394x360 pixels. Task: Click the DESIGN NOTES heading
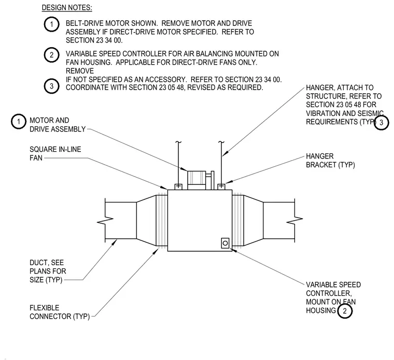click(x=67, y=8)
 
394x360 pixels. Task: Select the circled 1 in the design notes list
click(x=51, y=24)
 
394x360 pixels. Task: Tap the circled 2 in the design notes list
click(x=51, y=55)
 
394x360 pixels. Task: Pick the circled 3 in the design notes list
click(x=51, y=86)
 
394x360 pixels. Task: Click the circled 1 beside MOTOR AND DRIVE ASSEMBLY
click(x=18, y=122)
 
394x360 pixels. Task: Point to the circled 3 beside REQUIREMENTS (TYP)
click(x=381, y=123)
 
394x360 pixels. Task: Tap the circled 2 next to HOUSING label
click(x=345, y=311)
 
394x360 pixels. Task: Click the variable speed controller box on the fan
click(x=225, y=243)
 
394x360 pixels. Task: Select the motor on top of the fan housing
click(x=196, y=180)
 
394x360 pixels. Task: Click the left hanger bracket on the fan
click(x=178, y=186)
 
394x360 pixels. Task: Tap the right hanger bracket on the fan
click(x=221, y=186)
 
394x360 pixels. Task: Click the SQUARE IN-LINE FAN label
click(x=55, y=154)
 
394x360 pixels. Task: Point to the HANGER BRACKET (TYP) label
click(x=330, y=161)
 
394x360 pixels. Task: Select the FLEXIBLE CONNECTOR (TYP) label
click(x=60, y=312)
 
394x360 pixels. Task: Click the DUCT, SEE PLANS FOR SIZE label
click(x=48, y=271)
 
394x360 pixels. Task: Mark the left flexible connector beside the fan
click(x=162, y=220)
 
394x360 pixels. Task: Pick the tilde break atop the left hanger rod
click(x=178, y=142)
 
